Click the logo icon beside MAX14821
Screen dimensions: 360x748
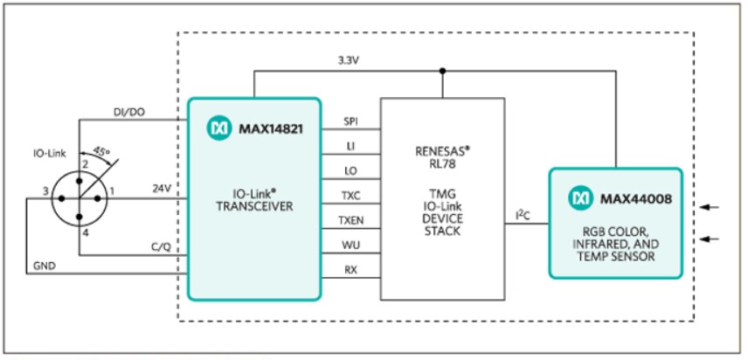[218, 128]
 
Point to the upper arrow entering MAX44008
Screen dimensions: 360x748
[713, 207]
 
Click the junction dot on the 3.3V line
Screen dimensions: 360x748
[443, 71]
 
